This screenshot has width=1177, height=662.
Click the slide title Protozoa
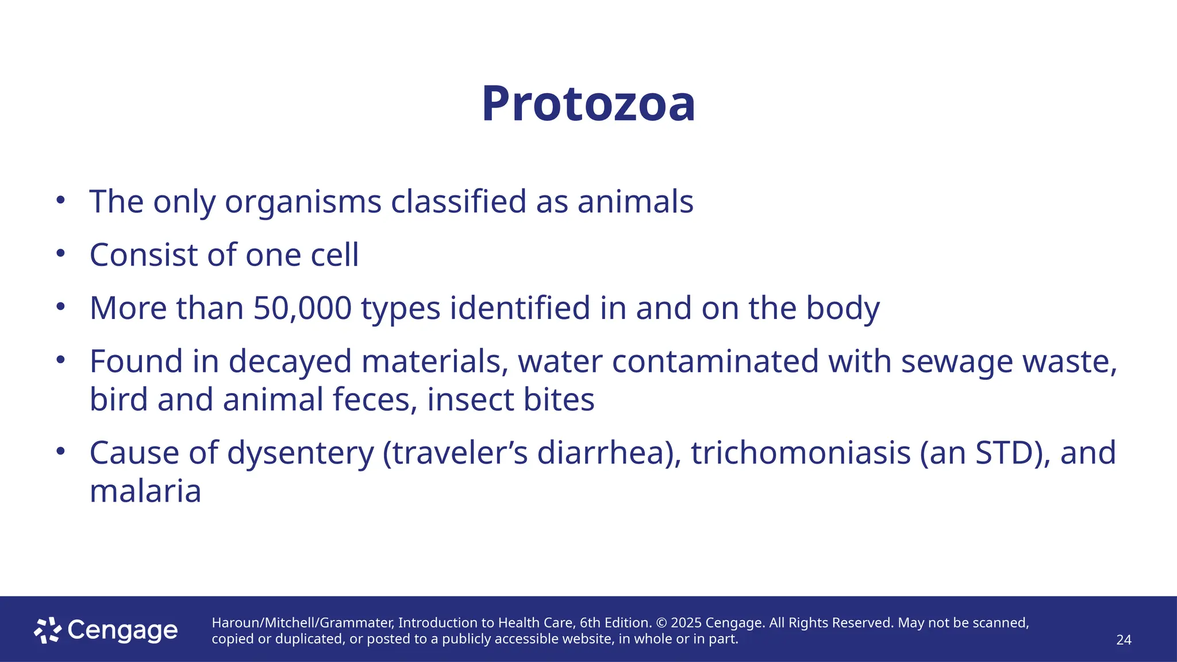(x=588, y=104)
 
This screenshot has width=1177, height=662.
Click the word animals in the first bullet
(x=635, y=202)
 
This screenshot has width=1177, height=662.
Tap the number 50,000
(x=302, y=308)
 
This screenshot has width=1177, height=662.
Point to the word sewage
(x=956, y=361)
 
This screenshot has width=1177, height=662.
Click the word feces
(x=375, y=400)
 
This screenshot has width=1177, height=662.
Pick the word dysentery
(x=301, y=453)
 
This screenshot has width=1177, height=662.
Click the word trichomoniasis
(x=801, y=453)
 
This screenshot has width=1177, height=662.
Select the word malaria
(x=145, y=491)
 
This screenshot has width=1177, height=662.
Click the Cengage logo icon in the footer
(x=48, y=630)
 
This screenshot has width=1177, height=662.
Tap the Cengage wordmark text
(x=122, y=631)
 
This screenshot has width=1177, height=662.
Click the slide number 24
(x=1124, y=640)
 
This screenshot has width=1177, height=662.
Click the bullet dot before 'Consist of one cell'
(x=61, y=253)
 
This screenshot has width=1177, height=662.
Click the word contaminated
(x=715, y=361)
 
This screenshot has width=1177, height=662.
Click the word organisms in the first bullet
(x=303, y=202)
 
